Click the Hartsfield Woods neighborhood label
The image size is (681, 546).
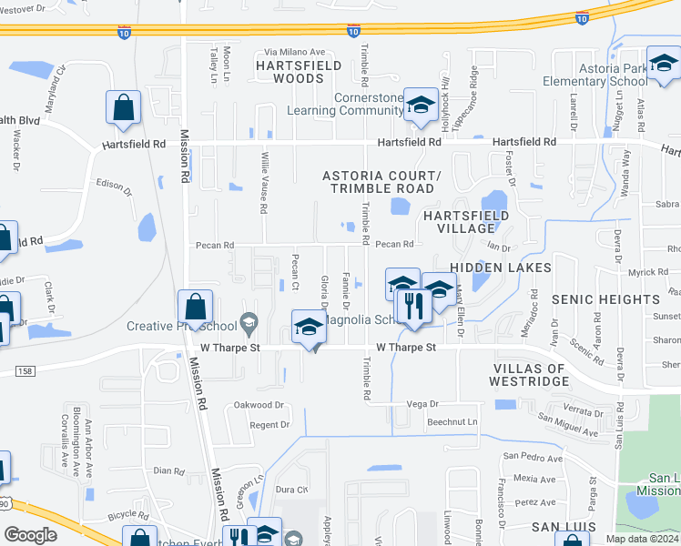[299, 72]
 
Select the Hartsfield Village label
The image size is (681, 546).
[466, 221]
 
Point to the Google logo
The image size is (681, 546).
[30, 535]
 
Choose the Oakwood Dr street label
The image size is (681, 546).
[259, 405]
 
